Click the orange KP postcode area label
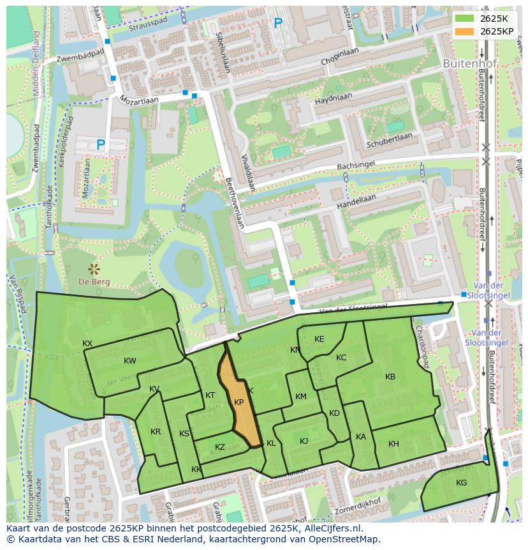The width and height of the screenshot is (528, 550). point(239,402)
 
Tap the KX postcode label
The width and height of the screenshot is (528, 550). point(87,344)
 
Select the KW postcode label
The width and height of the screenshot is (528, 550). point(130,361)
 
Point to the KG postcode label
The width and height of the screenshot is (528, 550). point(461,483)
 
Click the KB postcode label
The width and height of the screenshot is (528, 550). point(390,377)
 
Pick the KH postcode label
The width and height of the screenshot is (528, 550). point(393,444)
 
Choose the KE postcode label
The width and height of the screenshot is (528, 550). point(319,339)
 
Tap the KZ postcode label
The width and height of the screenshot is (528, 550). point(220,447)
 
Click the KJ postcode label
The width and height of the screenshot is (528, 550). point(304,441)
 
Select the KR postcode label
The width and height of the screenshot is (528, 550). point(156,432)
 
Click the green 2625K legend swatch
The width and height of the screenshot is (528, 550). point(464,18)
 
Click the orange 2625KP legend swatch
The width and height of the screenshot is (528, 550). point(464,31)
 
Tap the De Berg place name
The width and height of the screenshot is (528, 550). point(94,282)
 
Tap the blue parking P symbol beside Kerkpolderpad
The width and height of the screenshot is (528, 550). point(100,146)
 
